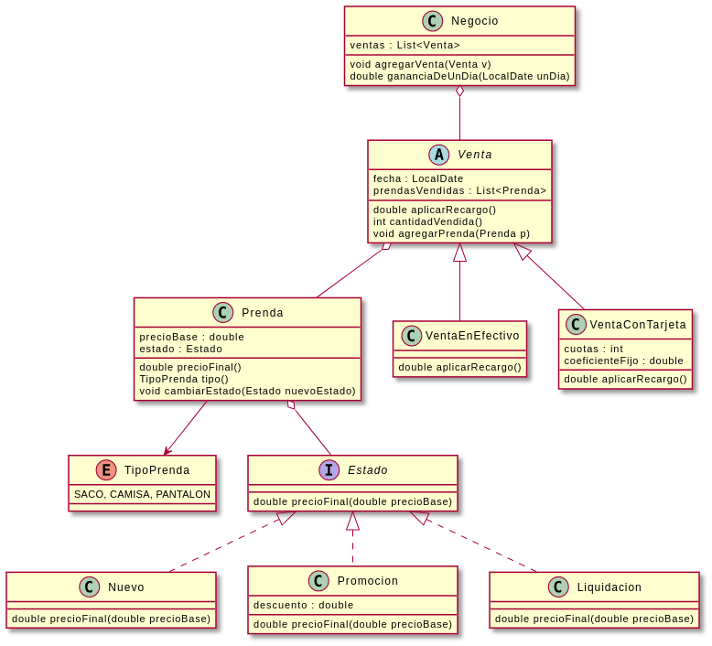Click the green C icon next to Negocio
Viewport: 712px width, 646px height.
click(x=433, y=21)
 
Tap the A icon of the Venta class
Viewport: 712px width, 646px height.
click(x=439, y=155)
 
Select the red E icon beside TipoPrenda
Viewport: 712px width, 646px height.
click(x=106, y=470)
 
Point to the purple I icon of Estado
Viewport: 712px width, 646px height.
click(x=329, y=470)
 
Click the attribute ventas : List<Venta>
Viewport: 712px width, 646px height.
click(x=405, y=45)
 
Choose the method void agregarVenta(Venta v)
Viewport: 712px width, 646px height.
click(x=420, y=64)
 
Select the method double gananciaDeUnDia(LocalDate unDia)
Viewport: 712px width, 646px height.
click(x=459, y=76)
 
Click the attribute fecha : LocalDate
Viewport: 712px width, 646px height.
click(x=418, y=178)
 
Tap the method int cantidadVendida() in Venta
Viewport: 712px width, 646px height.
click(x=427, y=221)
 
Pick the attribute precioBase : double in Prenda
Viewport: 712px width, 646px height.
click(x=191, y=337)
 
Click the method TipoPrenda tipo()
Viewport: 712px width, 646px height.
click(x=184, y=379)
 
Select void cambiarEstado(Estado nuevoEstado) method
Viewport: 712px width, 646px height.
click(x=247, y=391)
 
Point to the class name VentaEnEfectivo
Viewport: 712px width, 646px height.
click(x=472, y=336)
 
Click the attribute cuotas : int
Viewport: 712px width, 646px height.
click(x=593, y=349)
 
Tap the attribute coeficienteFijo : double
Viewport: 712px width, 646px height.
click(x=623, y=361)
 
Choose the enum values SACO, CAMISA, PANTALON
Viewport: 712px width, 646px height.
click(x=142, y=494)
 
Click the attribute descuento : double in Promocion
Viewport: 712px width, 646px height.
click(x=303, y=605)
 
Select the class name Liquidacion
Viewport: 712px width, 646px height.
click(x=609, y=587)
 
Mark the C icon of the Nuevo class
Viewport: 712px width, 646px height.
click(x=90, y=587)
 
